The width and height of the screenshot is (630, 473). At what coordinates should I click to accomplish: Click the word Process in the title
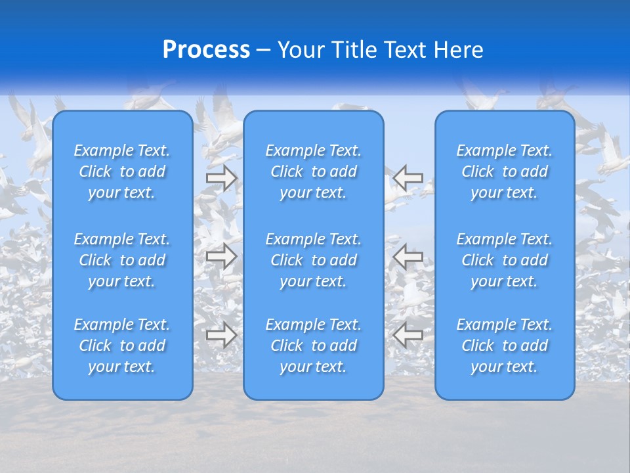(206, 50)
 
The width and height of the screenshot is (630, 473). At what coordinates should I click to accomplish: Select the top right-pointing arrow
(221, 177)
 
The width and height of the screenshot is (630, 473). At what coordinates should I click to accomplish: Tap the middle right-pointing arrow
(221, 256)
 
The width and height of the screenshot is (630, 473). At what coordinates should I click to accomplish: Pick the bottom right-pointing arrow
(221, 335)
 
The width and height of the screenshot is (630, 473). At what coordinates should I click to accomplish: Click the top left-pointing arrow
(408, 177)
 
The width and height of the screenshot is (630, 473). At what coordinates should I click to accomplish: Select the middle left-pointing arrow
(408, 256)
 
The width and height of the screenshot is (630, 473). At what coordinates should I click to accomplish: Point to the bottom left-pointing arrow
(408, 335)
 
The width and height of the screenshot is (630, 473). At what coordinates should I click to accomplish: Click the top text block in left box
(122, 171)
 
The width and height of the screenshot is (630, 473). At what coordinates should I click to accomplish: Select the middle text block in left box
(122, 260)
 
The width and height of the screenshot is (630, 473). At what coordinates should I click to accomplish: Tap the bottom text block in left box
(122, 346)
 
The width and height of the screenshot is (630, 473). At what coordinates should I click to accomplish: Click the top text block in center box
(314, 171)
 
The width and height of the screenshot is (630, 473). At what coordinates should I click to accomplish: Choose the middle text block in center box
(314, 260)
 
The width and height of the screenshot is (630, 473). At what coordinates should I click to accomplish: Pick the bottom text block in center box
(314, 346)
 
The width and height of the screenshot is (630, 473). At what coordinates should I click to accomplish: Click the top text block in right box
(505, 171)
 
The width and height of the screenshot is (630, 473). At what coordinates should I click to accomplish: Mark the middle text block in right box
(505, 260)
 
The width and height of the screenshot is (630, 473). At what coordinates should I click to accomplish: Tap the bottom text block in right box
(505, 346)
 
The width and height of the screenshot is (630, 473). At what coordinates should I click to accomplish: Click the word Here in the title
(459, 50)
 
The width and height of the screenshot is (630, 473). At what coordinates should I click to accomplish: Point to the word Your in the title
(300, 50)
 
